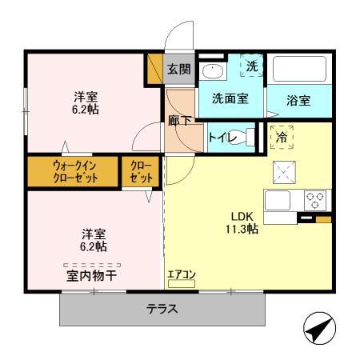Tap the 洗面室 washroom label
tap(230, 99)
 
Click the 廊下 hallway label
tap(179, 121)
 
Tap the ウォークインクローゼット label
tap(75, 171)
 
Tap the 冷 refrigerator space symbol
tap(282, 137)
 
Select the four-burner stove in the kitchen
tap(314, 199)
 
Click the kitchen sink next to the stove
tap(280, 200)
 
